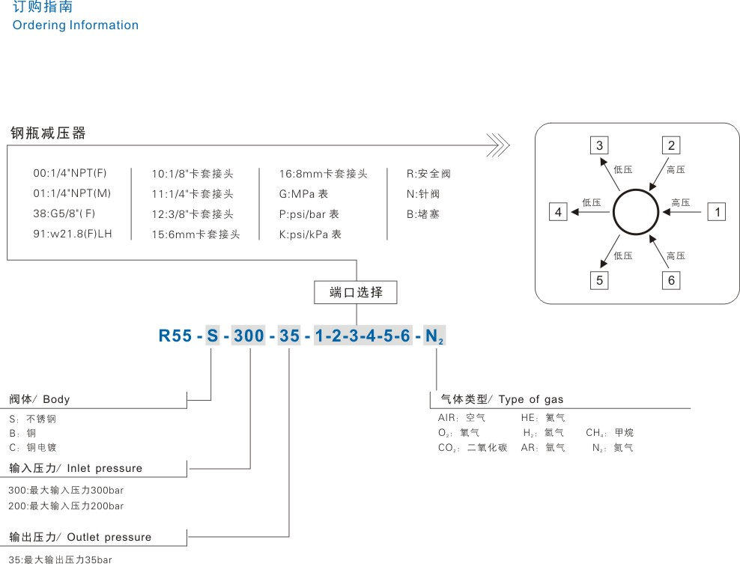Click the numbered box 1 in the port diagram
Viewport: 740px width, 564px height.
click(718, 212)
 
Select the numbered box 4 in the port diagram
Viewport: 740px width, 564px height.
click(558, 212)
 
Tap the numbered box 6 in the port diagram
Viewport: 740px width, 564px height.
click(671, 280)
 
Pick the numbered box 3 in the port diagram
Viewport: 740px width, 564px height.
click(600, 145)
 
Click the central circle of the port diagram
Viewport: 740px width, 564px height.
click(637, 212)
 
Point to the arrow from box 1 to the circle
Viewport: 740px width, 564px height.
click(684, 212)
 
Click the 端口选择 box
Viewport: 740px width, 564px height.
click(357, 292)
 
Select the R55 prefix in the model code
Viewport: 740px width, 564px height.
click(175, 336)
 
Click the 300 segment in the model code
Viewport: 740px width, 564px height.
click(249, 336)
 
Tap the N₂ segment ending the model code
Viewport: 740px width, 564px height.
click(434, 336)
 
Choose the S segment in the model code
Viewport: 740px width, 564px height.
click(212, 336)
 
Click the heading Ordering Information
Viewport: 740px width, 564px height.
click(76, 25)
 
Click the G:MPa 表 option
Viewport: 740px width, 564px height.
click(303, 193)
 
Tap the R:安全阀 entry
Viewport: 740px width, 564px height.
click(428, 173)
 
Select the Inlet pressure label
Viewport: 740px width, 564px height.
click(104, 468)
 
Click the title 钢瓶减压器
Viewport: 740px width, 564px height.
click(48, 133)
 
